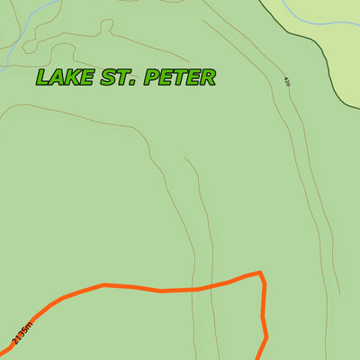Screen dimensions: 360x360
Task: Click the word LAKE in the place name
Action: [64, 77]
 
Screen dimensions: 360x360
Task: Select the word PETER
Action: [177, 77]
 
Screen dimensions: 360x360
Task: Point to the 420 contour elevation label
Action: [287, 81]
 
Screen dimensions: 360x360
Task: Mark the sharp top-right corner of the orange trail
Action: [261, 273]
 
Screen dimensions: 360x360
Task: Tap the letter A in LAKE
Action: [57, 77]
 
